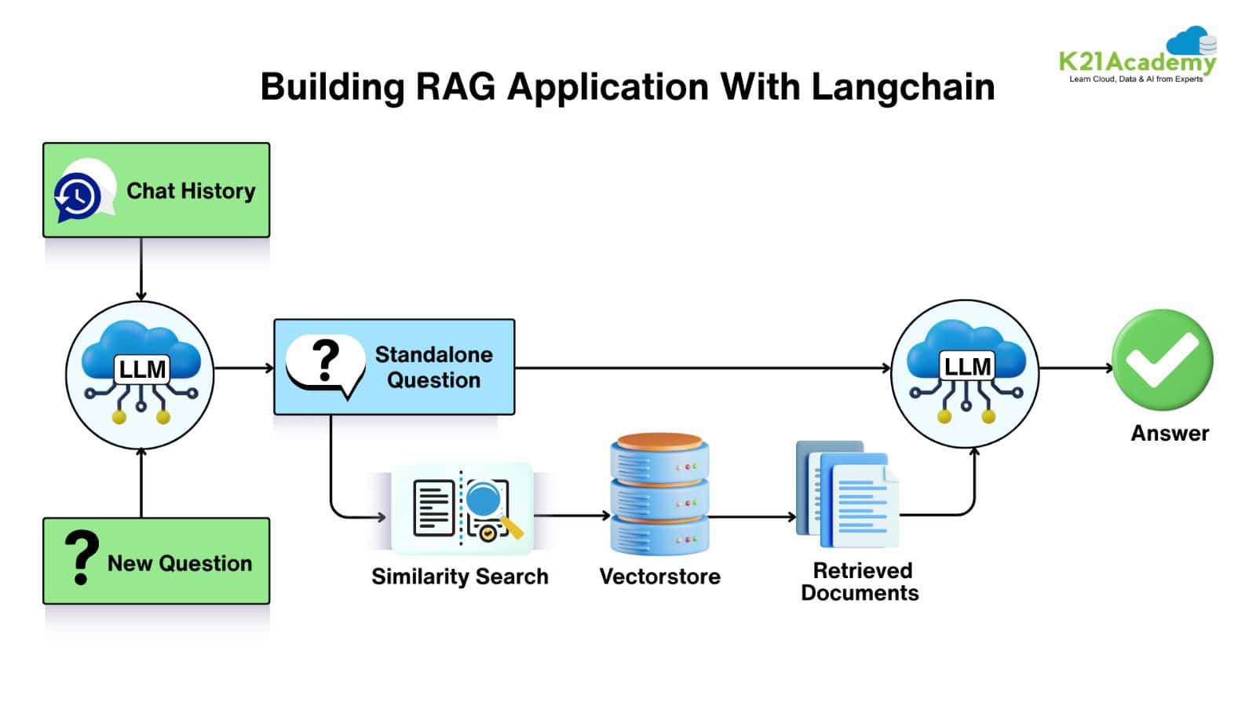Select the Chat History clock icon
[78, 196]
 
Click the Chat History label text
[191, 191]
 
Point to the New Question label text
[180, 563]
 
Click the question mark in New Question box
[81, 557]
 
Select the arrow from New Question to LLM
[141, 483]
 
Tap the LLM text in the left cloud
[142, 368]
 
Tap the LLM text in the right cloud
[967, 366]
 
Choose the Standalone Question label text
[433, 367]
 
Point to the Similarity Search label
[459, 576]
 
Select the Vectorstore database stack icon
[659, 493]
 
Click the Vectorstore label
[659, 576]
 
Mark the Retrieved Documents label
[860, 581]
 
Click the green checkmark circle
[1162, 361]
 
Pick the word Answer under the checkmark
[1170, 433]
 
